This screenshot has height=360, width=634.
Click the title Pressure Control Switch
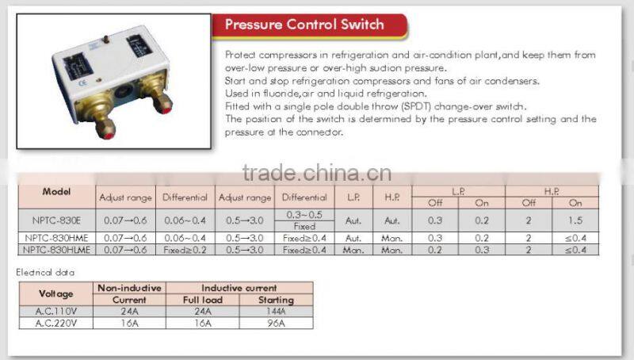click(x=304, y=25)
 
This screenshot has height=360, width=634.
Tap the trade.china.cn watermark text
click(x=317, y=172)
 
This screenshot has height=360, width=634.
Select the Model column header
click(x=57, y=192)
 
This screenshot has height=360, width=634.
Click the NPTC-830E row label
click(x=57, y=219)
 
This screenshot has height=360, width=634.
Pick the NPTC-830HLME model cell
click(x=57, y=250)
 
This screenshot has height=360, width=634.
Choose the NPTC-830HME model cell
click(x=57, y=238)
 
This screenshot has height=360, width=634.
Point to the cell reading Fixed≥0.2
click(x=185, y=250)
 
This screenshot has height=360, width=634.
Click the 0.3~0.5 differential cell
click(x=304, y=214)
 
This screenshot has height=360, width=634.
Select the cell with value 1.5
click(x=575, y=219)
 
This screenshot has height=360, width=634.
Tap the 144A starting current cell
click(x=276, y=312)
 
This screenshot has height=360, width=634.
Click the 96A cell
click(x=276, y=323)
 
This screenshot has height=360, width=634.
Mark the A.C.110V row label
click(x=55, y=312)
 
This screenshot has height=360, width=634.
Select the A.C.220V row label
click(x=55, y=323)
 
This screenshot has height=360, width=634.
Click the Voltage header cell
click(x=55, y=293)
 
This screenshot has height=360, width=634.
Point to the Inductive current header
click(x=239, y=288)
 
